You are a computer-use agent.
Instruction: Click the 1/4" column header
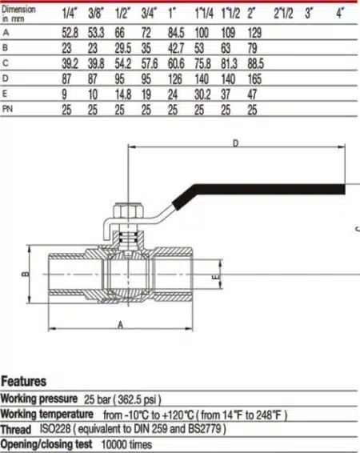point(70,14)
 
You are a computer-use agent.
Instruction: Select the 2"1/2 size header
point(283,14)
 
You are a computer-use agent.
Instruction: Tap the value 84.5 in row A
point(176,32)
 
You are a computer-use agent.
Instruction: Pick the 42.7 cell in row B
point(176,48)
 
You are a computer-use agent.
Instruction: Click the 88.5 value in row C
point(255,63)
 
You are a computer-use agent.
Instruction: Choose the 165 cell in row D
point(254,79)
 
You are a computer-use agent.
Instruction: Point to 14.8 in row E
point(123,94)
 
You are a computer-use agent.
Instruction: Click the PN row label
point(7,109)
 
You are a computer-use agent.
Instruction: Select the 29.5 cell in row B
point(123,48)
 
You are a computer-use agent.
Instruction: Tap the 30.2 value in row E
point(202,94)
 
